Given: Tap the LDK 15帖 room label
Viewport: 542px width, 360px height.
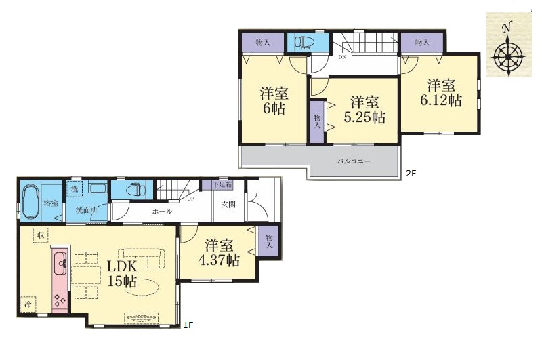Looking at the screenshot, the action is pos(122,274).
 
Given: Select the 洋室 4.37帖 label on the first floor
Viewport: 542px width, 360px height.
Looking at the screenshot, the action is pos(218,253).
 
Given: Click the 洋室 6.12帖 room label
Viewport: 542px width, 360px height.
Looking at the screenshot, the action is pos(441,92).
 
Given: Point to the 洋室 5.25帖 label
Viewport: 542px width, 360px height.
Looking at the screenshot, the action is pos(364,110).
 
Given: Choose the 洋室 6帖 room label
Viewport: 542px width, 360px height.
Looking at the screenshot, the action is pos(274,100).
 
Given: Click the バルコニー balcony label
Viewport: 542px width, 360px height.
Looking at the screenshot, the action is pos(354,161).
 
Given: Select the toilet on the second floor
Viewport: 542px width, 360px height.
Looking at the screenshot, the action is pos(304,42).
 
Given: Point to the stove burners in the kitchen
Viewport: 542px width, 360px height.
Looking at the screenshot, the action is pos(60,299).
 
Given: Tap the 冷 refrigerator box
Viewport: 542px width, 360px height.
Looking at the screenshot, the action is pos(28,304).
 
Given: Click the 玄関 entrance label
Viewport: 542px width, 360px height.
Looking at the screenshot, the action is pos(228,204).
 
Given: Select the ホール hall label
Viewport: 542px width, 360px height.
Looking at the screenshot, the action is pos(162,211).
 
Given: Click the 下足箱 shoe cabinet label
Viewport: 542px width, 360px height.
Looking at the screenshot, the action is pos(222,184).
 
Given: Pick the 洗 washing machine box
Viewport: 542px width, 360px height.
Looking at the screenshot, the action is pos(75,189).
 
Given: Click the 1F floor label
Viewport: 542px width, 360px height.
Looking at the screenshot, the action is pos(188,325).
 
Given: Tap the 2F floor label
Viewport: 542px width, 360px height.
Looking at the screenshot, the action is pos(411,174).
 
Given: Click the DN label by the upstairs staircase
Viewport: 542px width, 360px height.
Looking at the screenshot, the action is pos(342,58).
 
